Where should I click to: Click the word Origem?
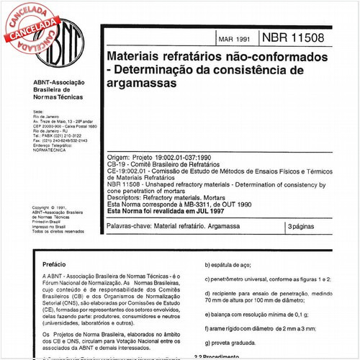tap(120, 156)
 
